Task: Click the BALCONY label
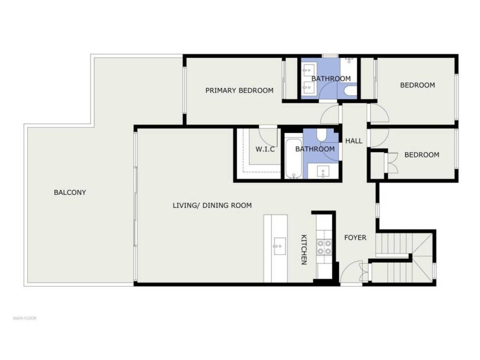tap(70, 193)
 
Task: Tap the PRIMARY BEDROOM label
tap(240, 90)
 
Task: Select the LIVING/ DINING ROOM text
tap(212, 205)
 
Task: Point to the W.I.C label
tap(265, 150)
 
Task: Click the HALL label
tap(354, 141)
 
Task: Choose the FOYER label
tap(355, 238)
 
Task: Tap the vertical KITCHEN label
tap(304, 249)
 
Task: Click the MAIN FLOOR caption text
tap(25, 318)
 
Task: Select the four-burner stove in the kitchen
tap(324, 247)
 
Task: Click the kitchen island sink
tap(279, 246)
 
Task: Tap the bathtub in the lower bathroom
tap(293, 158)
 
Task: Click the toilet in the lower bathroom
tap(322, 135)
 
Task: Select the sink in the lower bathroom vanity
tap(323, 171)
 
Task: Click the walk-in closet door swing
tap(268, 136)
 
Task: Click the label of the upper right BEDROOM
tap(418, 85)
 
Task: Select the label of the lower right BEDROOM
tap(422, 155)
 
